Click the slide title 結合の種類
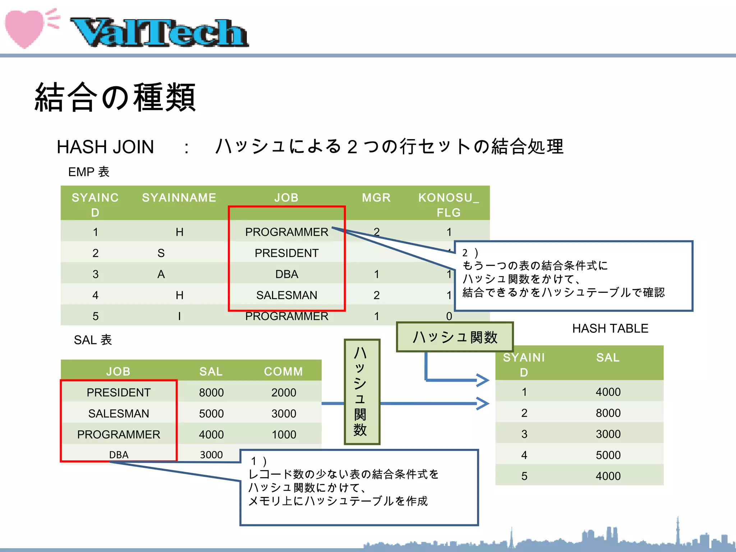(x=115, y=97)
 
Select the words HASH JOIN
(x=105, y=147)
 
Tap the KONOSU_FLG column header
(x=448, y=205)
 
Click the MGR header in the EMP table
(x=376, y=198)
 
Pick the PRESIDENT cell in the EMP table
(x=286, y=253)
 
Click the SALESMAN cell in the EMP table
(x=286, y=295)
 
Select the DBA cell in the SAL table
(x=119, y=455)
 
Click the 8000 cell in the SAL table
(x=211, y=392)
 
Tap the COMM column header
(x=283, y=371)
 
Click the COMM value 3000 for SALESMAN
(x=284, y=414)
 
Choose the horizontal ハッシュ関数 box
(x=455, y=337)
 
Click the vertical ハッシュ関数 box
(x=362, y=392)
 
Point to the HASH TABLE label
(x=610, y=328)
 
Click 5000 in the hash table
(x=608, y=455)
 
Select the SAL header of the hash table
(x=608, y=358)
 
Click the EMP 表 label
(x=88, y=172)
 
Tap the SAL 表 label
(x=93, y=340)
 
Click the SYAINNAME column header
(x=179, y=198)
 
